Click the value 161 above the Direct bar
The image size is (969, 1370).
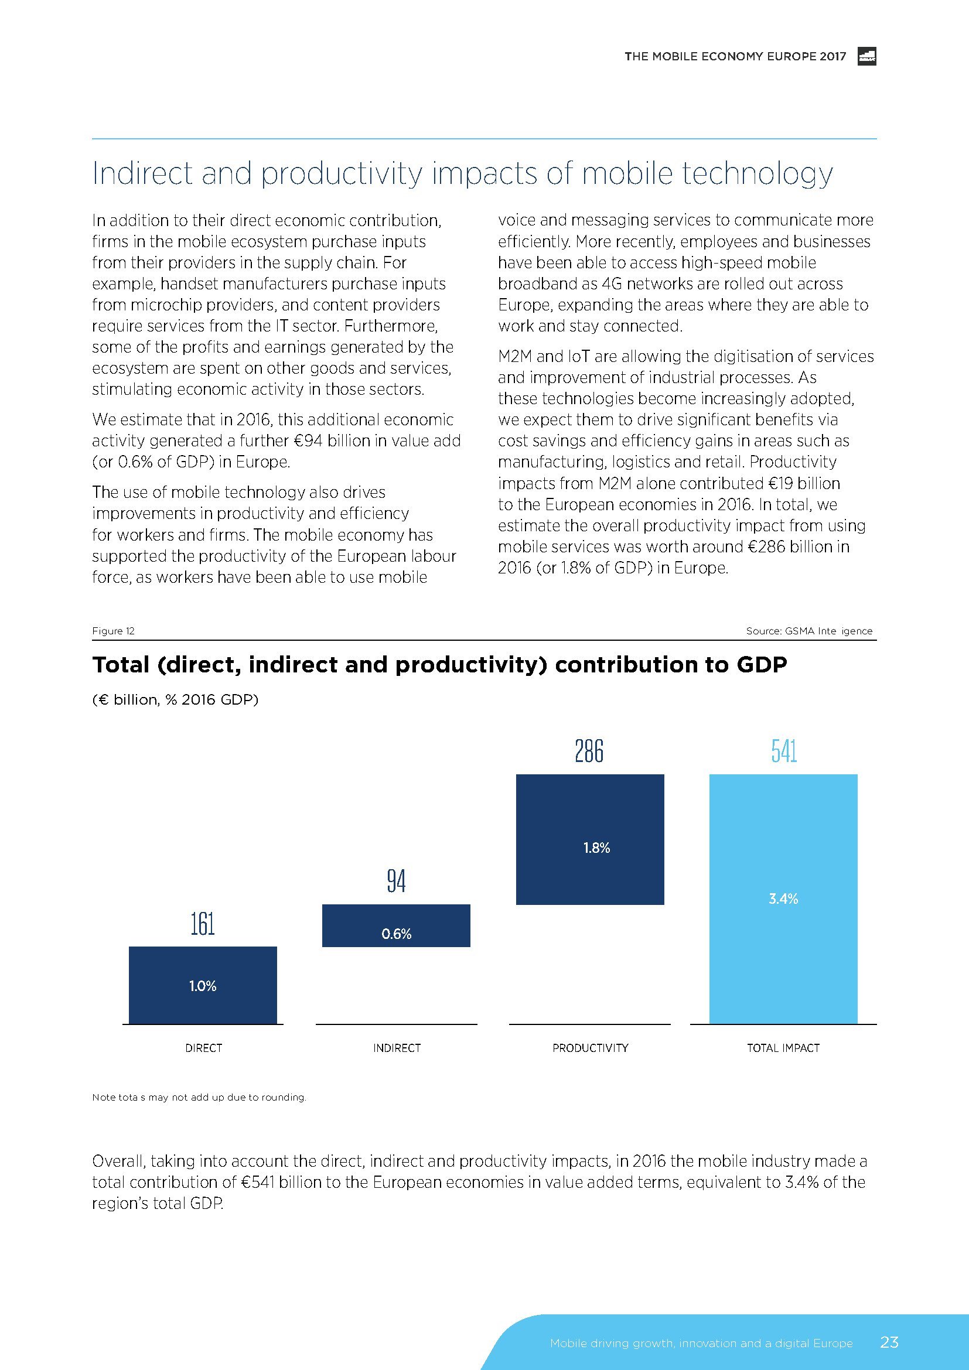203,924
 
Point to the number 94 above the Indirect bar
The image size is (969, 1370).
396,881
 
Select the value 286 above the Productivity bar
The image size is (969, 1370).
589,751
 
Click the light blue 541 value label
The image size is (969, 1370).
784,751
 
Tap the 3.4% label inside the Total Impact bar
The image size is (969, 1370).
783,899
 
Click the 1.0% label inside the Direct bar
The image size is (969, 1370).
203,986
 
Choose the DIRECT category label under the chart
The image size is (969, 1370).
203,1048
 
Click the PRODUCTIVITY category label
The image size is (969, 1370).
590,1048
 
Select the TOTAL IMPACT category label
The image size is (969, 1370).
783,1048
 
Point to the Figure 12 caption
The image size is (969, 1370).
114,631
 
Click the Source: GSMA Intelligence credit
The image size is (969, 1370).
808,631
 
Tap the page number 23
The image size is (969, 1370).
889,1342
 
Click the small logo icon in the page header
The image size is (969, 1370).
866,56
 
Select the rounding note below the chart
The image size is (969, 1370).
199,1097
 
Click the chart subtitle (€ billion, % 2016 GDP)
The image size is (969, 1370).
175,699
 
